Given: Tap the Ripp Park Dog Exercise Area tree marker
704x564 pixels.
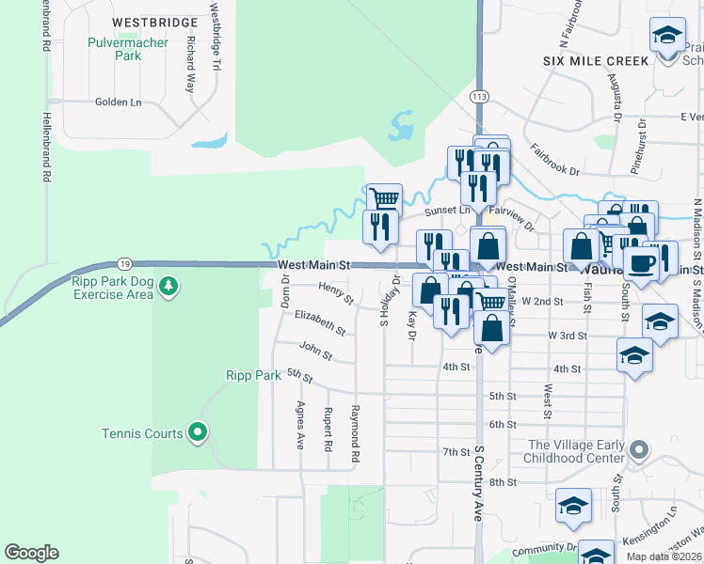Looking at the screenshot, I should [168, 285].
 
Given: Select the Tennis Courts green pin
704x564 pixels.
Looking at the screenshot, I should [198, 432].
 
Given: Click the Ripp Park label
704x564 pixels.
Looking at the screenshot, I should [253, 375].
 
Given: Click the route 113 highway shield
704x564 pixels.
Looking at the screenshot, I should [480, 97].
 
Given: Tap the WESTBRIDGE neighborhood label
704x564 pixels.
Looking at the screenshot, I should [154, 22].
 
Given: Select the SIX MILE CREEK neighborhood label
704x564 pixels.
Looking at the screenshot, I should [596, 60].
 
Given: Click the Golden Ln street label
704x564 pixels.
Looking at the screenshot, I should [118, 102].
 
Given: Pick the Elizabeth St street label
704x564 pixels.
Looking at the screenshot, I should [320, 323].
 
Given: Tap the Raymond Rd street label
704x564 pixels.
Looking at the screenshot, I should [355, 433].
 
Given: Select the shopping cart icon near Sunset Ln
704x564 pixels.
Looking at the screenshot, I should [384, 199].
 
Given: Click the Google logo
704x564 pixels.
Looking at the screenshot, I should [31, 553].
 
